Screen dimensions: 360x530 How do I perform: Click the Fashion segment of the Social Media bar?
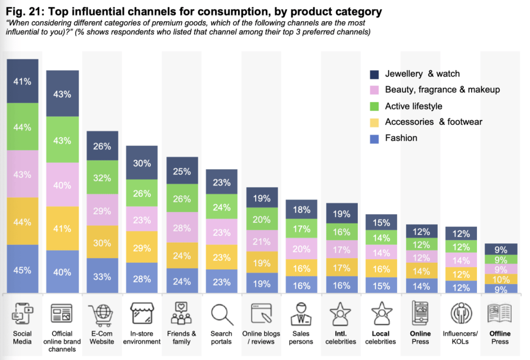[x=23, y=269]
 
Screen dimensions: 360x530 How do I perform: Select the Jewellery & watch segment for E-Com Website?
[x=102, y=146]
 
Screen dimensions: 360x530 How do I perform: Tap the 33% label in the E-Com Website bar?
[x=102, y=277]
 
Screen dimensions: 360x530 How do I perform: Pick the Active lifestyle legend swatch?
[x=374, y=106]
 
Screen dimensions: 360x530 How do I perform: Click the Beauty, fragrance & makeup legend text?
[x=442, y=90]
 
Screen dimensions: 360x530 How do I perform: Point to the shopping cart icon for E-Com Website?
[x=102, y=314]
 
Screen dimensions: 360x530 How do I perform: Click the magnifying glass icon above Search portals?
[x=221, y=314]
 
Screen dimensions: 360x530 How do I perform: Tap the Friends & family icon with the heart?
[x=182, y=314]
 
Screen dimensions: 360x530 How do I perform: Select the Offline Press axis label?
[x=500, y=337]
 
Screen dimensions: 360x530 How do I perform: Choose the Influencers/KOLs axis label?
[x=460, y=337]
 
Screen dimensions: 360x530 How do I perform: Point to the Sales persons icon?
[x=301, y=314]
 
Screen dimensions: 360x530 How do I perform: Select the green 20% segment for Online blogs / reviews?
[x=262, y=219]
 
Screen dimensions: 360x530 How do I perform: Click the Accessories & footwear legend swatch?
[x=374, y=122]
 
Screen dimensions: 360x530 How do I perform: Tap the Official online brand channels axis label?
[x=62, y=341]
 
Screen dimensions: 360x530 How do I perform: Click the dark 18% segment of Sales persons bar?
[x=301, y=209]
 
